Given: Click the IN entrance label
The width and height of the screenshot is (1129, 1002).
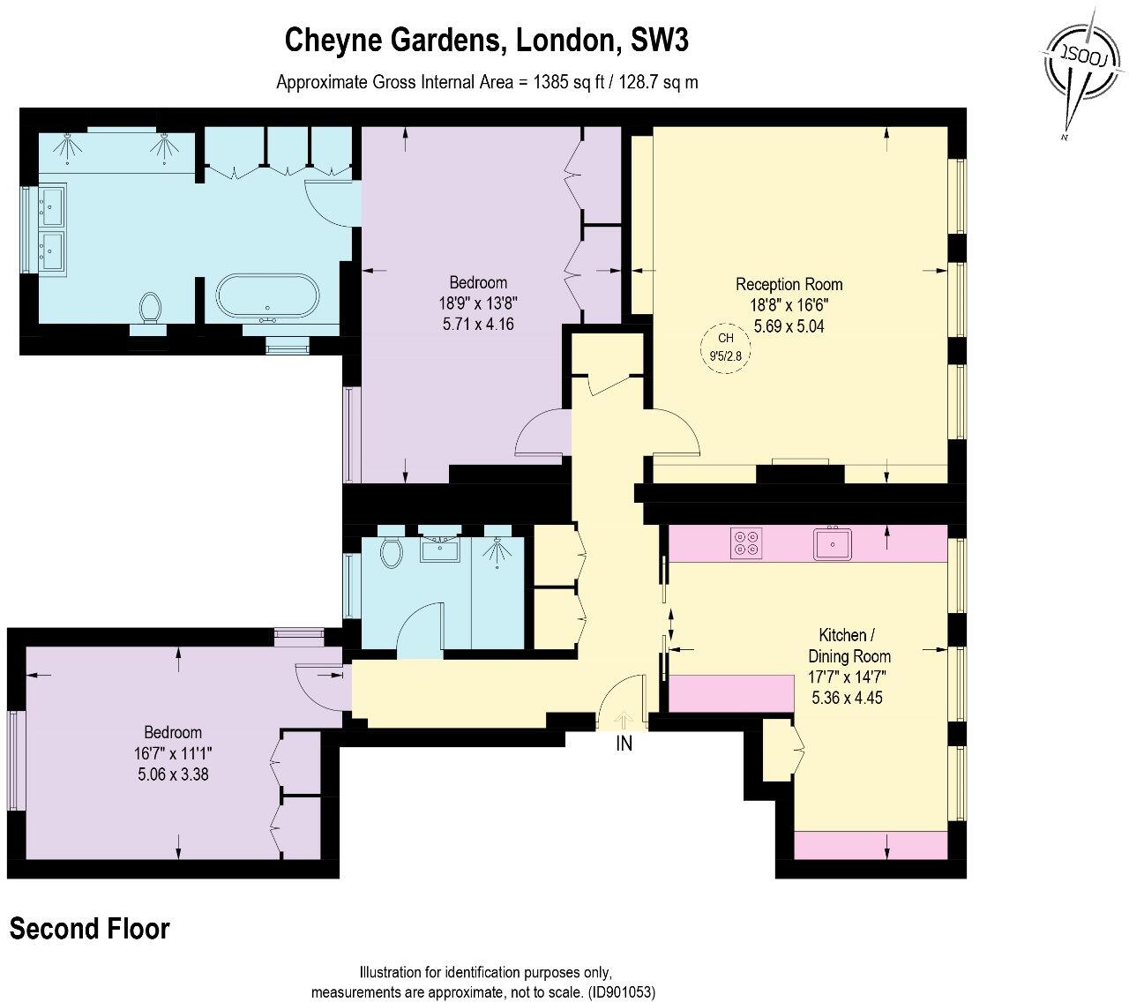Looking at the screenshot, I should tap(624, 744).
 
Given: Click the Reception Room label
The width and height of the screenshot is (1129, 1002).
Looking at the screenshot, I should tap(789, 284).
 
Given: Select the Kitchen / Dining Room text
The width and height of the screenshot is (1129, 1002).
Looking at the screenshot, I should tap(849, 646).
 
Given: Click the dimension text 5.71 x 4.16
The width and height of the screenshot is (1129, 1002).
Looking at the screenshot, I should tap(478, 324).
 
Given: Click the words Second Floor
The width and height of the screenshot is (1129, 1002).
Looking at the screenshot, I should tap(89, 929).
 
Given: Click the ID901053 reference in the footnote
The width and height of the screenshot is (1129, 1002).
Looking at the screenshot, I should tap(622, 991).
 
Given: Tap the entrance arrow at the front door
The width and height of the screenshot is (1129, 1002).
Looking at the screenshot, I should tap(624, 721).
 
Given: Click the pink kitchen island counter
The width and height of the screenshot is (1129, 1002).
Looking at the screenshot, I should tap(731, 692).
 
